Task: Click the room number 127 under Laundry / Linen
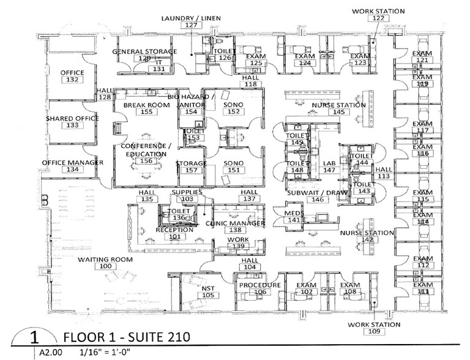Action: (192, 26)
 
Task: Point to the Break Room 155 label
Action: (146, 108)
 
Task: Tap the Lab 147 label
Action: (330, 166)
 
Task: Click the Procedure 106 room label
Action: (260, 288)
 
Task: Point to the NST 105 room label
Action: (209, 291)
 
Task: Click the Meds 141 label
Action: (294, 216)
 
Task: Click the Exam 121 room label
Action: (421, 57)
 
